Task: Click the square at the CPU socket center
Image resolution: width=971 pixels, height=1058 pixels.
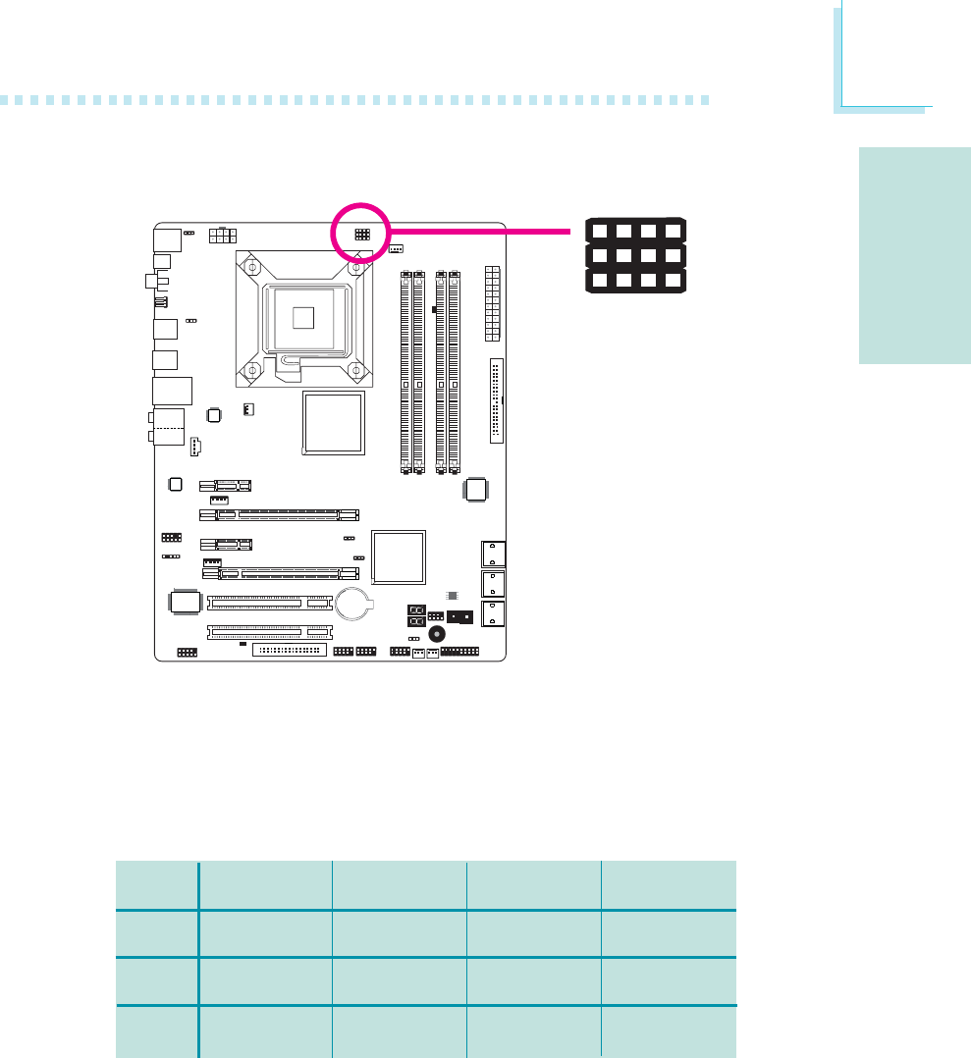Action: pyautogui.click(x=304, y=316)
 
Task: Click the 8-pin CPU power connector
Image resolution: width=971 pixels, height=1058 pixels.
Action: pyautogui.click(x=223, y=236)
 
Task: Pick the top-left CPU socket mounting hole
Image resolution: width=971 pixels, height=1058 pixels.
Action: pyautogui.click(x=251, y=267)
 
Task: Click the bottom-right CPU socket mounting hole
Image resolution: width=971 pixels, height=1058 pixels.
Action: pyautogui.click(x=356, y=371)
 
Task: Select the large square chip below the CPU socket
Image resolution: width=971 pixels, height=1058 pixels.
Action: pyautogui.click(x=334, y=423)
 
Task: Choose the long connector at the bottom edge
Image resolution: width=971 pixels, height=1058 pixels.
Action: pyautogui.click(x=288, y=650)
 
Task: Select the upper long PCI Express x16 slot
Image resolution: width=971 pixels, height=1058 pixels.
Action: pyautogui.click(x=280, y=514)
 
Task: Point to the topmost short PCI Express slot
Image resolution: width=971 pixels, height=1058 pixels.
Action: pyautogui.click(x=225, y=485)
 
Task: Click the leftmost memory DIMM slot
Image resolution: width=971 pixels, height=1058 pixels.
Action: pyautogui.click(x=405, y=373)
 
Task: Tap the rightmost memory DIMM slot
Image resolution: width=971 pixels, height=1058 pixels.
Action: pyautogui.click(x=454, y=373)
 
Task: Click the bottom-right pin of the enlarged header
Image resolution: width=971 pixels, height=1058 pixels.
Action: pyautogui.click(x=673, y=281)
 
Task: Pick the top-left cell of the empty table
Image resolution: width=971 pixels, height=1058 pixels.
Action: pyautogui.click(x=156, y=885)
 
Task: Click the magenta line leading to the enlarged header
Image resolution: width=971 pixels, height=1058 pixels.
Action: pyautogui.click(x=481, y=232)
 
